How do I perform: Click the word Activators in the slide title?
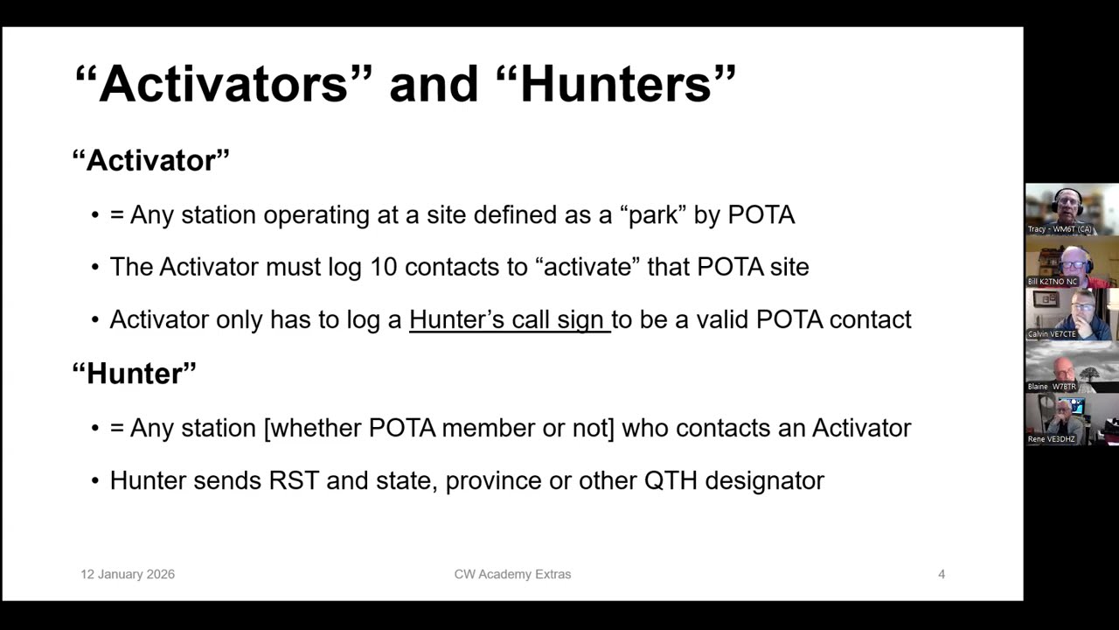click(223, 84)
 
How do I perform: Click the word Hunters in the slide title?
click(615, 84)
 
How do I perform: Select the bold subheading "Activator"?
click(150, 160)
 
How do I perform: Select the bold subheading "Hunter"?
click(134, 373)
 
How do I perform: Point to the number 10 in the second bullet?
click(383, 267)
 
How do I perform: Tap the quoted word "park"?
click(654, 214)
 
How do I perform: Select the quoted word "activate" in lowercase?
click(587, 267)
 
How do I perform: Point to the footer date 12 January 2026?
click(128, 574)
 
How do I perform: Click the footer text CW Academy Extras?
click(512, 574)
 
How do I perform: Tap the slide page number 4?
click(942, 574)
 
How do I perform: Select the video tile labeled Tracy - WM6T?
click(1071, 209)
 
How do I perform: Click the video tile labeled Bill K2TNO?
click(1071, 262)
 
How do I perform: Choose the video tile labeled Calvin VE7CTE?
click(1071, 314)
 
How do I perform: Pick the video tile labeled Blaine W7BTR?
click(1071, 367)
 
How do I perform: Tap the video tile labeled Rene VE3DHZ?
click(1071, 419)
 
